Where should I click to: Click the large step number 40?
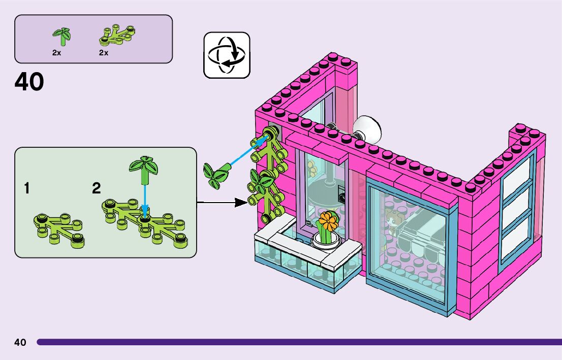(x=29, y=82)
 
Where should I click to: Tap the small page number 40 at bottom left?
(x=20, y=342)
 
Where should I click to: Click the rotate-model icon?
(x=227, y=55)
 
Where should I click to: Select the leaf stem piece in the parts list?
(x=62, y=36)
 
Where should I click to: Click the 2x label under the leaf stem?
(x=57, y=53)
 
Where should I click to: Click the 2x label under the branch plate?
(x=104, y=53)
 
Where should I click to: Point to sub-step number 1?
(x=26, y=189)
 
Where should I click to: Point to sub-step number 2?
(x=97, y=189)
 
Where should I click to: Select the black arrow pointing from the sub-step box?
(x=218, y=203)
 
